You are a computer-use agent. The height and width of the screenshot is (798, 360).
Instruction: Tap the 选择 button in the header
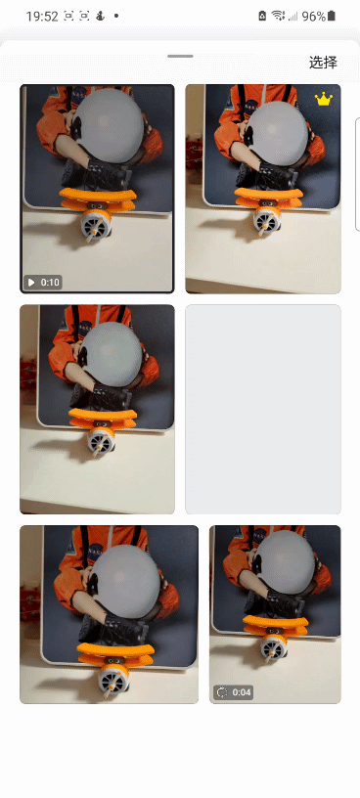pyautogui.click(x=323, y=63)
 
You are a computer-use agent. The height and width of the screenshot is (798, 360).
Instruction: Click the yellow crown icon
pyautogui.click(x=324, y=99)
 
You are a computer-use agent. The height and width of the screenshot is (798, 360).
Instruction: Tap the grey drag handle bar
pyautogui.click(x=180, y=56)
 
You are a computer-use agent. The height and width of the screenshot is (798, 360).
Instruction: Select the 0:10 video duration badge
pyautogui.click(x=43, y=283)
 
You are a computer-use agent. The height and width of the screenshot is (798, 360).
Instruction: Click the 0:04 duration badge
pyautogui.click(x=233, y=692)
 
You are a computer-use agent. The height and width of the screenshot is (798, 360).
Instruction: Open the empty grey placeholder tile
pyautogui.click(x=263, y=409)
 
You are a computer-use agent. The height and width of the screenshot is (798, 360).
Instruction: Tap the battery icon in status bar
pyautogui.click(x=332, y=16)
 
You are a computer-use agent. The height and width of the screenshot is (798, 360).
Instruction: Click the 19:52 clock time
pyautogui.click(x=42, y=17)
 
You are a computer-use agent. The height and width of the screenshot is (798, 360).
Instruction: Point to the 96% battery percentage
pyautogui.click(x=314, y=17)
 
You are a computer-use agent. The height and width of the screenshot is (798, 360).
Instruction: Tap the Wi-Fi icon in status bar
pyautogui.click(x=278, y=16)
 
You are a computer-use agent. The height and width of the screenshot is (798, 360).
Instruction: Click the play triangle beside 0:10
pyautogui.click(x=31, y=283)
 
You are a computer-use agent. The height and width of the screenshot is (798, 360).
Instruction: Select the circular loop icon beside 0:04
pyautogui.click(x=222, y=692)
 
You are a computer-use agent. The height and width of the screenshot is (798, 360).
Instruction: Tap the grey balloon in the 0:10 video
pyautogui.click(x=109, y=126)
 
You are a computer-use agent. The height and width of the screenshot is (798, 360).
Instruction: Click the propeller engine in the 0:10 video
pyautogui.click(x=96, y=225)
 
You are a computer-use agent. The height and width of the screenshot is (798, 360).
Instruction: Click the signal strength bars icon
pyautogui.click(x=292, y=17)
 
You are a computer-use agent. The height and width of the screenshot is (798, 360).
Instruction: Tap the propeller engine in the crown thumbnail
pyautogui.click(x=266, y=220)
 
